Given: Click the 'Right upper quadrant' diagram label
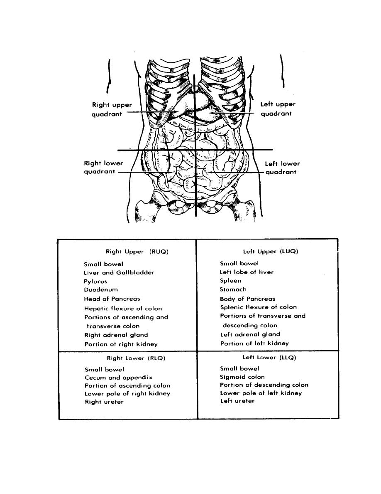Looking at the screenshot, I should pyautogui.click(x=112, y=109).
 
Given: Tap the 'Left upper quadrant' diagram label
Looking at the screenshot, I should pyautogui.click(x=278, y=109).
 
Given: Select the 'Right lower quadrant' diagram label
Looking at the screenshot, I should pyautogui.click(x=103, y=168).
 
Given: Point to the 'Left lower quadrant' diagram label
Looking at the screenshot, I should pyautogui.click(x=282, y=168).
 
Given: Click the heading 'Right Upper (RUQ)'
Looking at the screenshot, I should pyautogui.click(x=137, y=252).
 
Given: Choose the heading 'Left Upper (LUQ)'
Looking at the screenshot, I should pyautogui.click(x=271, y=251).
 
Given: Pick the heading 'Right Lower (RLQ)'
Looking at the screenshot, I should pyautogui.click(x=136, y=358).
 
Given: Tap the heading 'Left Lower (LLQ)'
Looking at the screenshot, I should pyautogui.click(x=269, y=357).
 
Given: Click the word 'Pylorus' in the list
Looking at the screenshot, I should pyautogui.click(x=95, y=282).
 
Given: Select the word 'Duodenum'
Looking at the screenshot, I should pyautogui.click(x=100, y=290).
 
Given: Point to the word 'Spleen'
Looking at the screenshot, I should pyautogui.click(x=230, y=281).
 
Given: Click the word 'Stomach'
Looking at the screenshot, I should pyautogui.click(x=233, y=289).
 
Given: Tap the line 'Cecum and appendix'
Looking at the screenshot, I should pyautogui.click(x=118, y=378).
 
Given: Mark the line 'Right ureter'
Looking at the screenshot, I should pyautogui.click(x=104, y=402).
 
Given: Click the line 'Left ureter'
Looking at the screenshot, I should pyautogui.click(x=237, y=401).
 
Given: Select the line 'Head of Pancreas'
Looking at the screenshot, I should pyautogui.click(x=112, y=299).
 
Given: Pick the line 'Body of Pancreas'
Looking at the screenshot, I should pyautogui.click(x=247, y=299).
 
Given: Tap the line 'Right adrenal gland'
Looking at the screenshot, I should pyautogui.click(x=116, y=335).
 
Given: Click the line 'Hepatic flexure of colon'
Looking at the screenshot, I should pyautogui.click(x=123, y=309).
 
